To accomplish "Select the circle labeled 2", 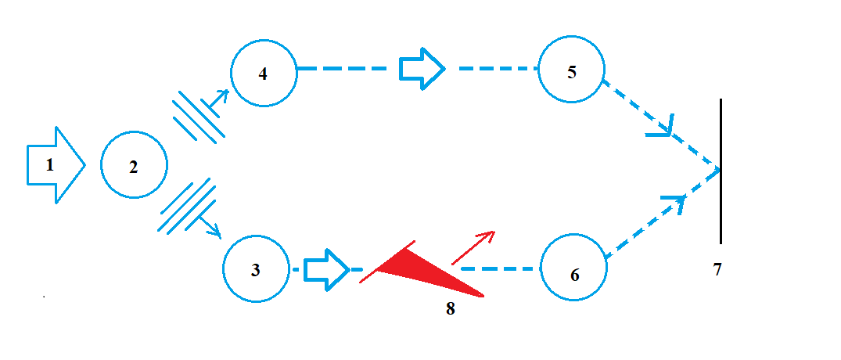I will coord(134,165).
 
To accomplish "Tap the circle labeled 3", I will coord(256,270).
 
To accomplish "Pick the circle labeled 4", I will coord(264,73).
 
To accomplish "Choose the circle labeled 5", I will coord(572,71).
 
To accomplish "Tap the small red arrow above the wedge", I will coord(474,247).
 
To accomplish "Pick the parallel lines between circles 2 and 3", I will coord(186,206).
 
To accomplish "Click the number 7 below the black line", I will coord(717,270).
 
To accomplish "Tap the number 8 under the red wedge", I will coord(450,308).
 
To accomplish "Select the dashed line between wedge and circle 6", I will coord(501,268).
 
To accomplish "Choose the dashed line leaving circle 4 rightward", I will coord(344,68).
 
